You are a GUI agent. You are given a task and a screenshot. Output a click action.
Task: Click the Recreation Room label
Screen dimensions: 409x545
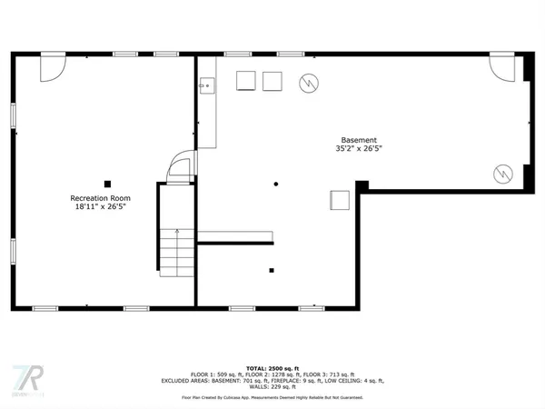click(x=100, y=198)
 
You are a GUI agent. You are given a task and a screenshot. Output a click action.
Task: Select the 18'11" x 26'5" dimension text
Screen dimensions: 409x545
click(x=100, y=207)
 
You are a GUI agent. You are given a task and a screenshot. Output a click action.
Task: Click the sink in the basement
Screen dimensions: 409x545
click(x=206, y=86)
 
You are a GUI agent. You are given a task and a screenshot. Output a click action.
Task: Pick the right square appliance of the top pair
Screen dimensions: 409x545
click(x=272, y=81)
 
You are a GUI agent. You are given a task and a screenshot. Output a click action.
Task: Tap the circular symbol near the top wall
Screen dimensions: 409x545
click(x=309, y=82)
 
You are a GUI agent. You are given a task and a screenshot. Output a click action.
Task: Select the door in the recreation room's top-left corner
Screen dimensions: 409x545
click(x=52, y=65)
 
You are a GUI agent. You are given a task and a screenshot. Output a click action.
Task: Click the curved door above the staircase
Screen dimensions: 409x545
click(x=182, y=169)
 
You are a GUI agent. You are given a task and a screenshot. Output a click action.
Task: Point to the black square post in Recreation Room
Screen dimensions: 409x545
click(x=107, y=183)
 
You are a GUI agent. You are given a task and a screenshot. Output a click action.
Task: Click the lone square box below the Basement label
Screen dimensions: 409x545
click(x=340, y=200)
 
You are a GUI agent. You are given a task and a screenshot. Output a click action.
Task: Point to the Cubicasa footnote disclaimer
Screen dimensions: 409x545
click(x=272, y=397)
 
